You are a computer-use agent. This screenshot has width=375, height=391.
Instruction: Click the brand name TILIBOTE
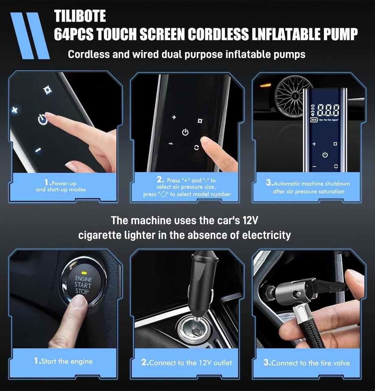pyautogui.click(x=80, y=16)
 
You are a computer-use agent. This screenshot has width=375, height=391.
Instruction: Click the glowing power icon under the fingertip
pyautogui.click(x=42, y=120)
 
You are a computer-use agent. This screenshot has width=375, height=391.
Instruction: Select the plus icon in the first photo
pyautogui.click(x=15, y=110)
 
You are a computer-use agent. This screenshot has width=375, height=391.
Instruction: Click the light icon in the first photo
pyautogui.click(x=47, y=90)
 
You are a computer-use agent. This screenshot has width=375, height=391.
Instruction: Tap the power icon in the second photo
pyautogui.click(x=185, y=132)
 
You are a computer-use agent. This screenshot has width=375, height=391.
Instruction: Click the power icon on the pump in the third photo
pyautogui.click(x=325, y=155)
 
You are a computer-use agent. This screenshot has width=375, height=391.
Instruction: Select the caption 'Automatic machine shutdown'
pyautogui.click(x=309, y=184)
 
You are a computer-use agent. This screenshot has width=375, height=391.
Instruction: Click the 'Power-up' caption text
pyautogui.click(x=63, y=183)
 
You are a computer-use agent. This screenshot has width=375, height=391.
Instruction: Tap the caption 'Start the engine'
pyautogui.click(x=63, y=361)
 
